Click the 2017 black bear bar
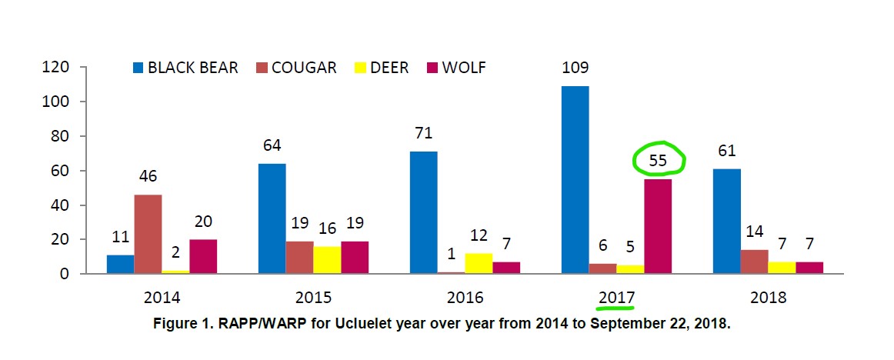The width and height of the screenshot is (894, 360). click(x=575, y=180)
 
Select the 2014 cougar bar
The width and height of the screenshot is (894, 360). click(x=148, y=235)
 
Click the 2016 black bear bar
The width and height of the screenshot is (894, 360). click(x=423, y=212)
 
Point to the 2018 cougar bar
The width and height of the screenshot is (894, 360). click(x=755, y=262)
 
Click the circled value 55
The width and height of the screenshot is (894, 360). click(x=659, y=160)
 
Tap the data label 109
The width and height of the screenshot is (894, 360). click(x=575, y=68)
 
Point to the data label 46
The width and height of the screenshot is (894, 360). click(x=148, y=176)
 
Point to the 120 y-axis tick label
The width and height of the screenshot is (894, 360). click(x=57, y=68)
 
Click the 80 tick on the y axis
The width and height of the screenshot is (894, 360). click(x=62, y=136)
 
